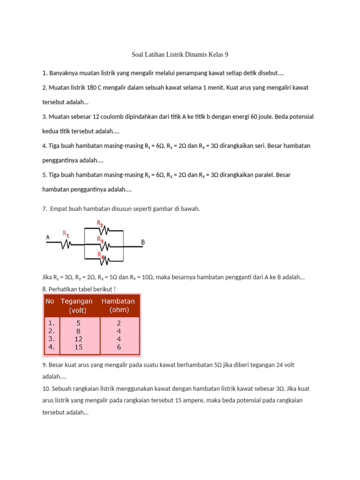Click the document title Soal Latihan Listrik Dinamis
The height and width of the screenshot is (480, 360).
point(180,55)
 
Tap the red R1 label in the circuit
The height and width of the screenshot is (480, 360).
point(67,232)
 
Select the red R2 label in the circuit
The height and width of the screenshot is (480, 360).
point(100,223)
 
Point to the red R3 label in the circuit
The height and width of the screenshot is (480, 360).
point(100,239)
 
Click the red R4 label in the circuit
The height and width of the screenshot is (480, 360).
point(100,254)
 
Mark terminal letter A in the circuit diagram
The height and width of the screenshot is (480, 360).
point(48,238)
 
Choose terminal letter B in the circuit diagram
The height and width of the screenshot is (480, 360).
point(143,242)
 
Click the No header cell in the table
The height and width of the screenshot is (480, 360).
point(50,301)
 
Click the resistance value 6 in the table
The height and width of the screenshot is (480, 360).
point(119,347)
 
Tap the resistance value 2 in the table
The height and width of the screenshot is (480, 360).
point(119,323)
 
